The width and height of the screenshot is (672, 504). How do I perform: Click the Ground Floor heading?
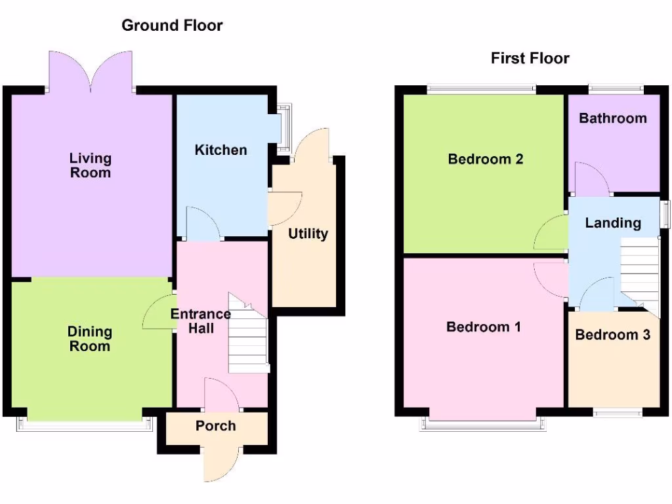(172, 26)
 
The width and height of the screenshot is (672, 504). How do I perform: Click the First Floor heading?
(530, 58)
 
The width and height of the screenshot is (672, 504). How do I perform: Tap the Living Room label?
(91, 165)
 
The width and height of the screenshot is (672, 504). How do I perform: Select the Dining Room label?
(90, 339)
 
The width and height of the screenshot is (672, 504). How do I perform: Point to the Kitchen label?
(221, 150)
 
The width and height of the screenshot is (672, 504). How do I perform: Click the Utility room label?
(308, 234)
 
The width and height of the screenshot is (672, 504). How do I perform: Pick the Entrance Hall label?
(201, 321)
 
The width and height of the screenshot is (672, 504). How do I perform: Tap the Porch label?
(215, 426)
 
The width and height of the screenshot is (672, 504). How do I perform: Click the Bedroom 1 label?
(484, 327)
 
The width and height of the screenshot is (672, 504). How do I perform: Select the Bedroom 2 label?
(485, 159)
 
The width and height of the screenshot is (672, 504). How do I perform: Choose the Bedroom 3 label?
(612, 335)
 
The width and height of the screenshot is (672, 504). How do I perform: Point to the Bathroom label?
(612, 119)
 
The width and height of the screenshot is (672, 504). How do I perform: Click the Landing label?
(612, 223)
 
